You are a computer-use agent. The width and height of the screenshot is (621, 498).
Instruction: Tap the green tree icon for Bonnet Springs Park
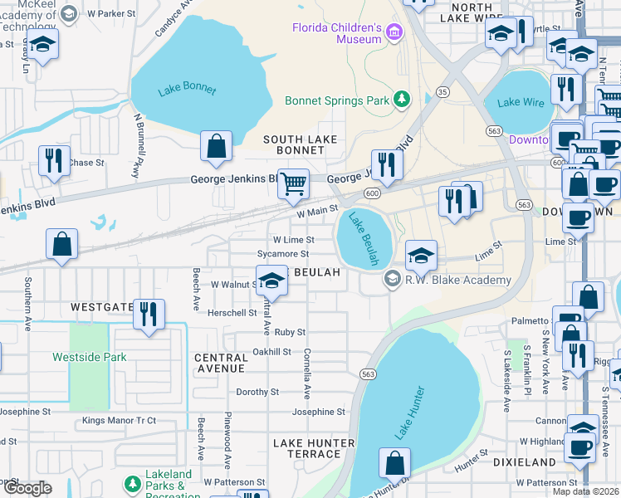tap(403, 100)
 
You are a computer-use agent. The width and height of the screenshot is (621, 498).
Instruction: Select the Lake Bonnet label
tap(186, 90)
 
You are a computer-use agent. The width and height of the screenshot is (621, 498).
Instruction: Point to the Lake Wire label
tap(520, 103)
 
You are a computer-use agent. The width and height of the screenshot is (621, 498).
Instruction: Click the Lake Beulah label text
tap(363, 239)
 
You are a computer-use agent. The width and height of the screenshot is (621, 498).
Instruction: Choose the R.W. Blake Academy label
tap(457, 281)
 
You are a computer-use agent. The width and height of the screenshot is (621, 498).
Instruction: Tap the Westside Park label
tap(89, 358)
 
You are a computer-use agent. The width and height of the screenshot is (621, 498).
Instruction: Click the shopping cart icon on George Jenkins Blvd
tap(293, 183)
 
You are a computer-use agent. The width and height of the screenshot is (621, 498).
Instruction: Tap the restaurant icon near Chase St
tap(53, 159)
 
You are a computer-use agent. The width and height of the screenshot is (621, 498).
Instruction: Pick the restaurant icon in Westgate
tap(149, 314)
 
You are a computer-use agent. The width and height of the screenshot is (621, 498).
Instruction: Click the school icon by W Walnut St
tap(271, 281)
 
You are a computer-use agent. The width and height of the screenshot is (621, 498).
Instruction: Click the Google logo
tap(27, 488)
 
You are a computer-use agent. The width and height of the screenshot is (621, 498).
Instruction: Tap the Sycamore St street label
tap(283, 254)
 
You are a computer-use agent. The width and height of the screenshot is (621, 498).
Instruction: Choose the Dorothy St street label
tap(257, 392)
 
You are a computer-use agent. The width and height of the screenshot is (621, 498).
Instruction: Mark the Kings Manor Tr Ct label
tap(119, 421)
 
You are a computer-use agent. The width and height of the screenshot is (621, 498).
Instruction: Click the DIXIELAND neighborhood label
tap(524, 461)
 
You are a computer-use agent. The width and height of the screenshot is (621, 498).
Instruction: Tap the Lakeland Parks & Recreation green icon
tap(132, 483)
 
